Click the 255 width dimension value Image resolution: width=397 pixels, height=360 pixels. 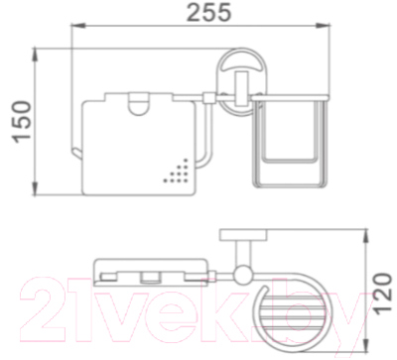pos(208,12)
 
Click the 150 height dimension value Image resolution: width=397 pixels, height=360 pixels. pos(23,122)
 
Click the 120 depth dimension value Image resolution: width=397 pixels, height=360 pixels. pos(383,294)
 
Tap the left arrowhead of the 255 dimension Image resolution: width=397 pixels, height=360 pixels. pos(78,25)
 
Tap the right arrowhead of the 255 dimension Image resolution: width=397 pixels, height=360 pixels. pos(323,25)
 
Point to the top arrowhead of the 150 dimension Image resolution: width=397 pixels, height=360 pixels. pos(35,56)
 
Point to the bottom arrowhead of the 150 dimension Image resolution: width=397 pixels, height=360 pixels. pos(35,188)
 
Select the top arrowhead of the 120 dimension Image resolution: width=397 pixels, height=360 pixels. pos(366,236)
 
